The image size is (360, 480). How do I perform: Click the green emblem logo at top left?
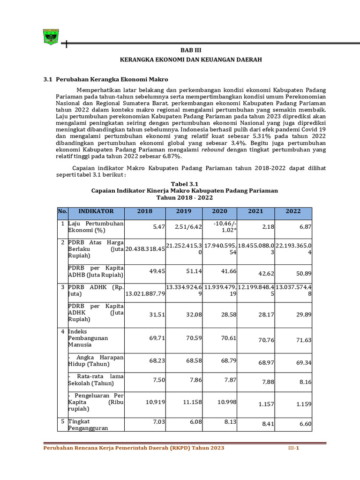(51, 36)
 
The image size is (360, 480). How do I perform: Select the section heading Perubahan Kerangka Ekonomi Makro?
(112, 80)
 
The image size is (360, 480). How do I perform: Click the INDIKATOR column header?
(96, 211)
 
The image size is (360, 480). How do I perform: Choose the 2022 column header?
(293, 211)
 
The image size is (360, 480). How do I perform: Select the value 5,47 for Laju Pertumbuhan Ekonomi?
(159, 226)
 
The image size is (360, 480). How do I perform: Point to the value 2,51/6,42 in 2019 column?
(188, 226)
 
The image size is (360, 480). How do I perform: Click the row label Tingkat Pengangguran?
(88, 425)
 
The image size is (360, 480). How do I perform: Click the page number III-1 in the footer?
(293, 448)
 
